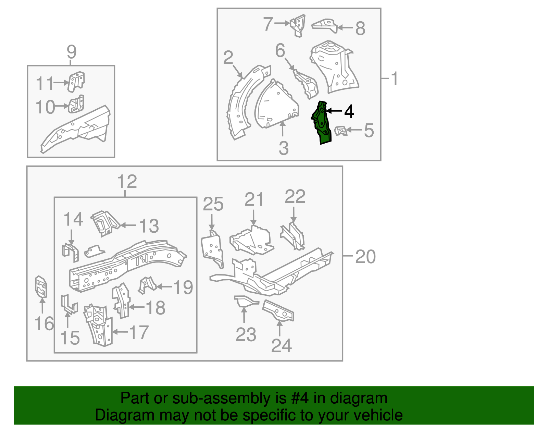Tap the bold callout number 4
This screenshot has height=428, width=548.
click(x=349, y=111)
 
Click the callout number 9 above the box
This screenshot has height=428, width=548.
click(x=71, y=52)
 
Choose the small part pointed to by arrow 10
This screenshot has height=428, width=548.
click(x=76, y=105)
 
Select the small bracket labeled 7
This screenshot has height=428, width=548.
click(x=298, y=25)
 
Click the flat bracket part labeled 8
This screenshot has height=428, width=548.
click(x=325, y=25)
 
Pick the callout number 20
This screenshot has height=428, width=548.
click(x=365, y=257)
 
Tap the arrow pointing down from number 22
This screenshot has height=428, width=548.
click(x=294, y=215)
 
